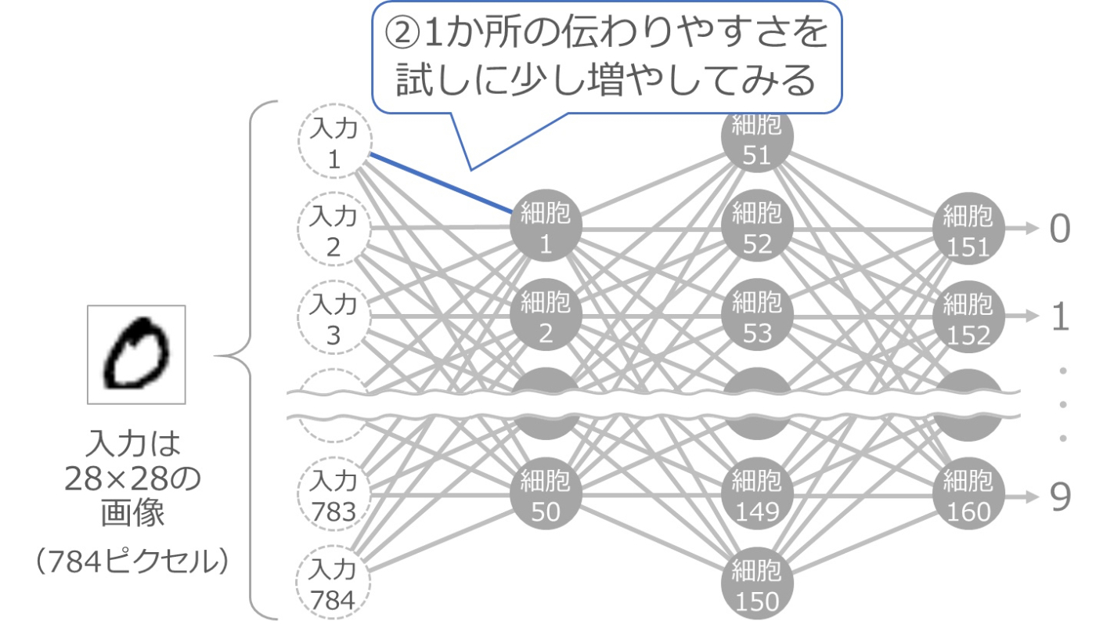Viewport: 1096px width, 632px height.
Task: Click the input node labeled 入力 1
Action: pos(334,144)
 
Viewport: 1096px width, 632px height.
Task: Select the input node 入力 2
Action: pos(334,230)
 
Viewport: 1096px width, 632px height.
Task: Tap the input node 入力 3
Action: pos(334,319)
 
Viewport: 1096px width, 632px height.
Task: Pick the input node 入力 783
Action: pos(334,495)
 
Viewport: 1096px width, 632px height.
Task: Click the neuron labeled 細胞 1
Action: pos(546,228)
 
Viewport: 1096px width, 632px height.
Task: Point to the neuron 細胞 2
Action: pos(546,316)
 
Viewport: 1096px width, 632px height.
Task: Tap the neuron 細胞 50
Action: pos(546,494)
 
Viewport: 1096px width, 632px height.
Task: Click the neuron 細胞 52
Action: pos(757,228)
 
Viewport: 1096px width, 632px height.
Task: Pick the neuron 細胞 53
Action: pos(757,316)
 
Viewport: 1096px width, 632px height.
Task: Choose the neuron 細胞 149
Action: pos(757,494)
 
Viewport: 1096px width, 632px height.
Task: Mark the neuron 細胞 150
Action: pos(757,584)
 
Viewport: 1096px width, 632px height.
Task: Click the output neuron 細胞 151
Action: pos(968,228)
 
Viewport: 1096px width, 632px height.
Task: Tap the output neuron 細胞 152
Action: pos(968,316)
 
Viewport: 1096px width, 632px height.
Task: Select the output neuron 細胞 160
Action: pos(968,494)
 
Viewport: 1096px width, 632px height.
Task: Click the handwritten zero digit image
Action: pos(136,354)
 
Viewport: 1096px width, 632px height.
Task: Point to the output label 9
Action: pos(1060,496)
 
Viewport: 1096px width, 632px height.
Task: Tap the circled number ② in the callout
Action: pos(400,33)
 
